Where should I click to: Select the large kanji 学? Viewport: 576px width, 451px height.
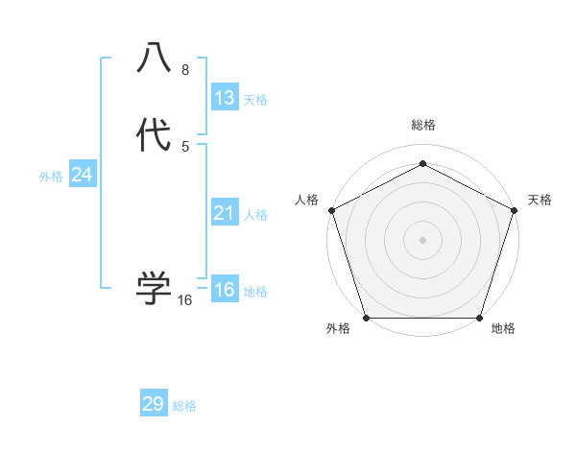pyautogui.click(x=154, y=287)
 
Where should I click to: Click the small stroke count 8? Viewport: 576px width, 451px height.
pyautogui.click(x=184, y=70)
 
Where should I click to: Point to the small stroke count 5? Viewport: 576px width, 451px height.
pyautogui.click(x=184, y=147)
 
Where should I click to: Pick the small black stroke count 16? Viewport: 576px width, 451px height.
pyautogui.click(x=185, y=300)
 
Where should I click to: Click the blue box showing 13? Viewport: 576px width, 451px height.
pyautogui.click(x=225, y=97)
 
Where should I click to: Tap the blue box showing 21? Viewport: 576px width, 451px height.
pyautogui.click(x=225, y=213)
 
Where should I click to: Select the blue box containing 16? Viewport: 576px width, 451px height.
pyautogui.click(x=225, y=290)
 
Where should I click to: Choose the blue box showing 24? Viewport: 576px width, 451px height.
pyautogui.click(x=83, y=175)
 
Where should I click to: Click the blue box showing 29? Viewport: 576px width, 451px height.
pyautogui.click(x=154, y=404)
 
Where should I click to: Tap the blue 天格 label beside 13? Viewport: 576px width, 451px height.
pyautogui.click(x=255, y=99)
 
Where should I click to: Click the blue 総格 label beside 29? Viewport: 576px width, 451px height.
pyautogui.click(x=184, y=406)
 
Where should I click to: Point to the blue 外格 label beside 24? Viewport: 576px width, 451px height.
pyautogui.click(x=51, y=177)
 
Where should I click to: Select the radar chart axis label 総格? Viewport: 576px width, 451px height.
pyautogui.click(x=422, y=126)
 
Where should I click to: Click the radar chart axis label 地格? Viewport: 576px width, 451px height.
pyautogui.click(x=503, y=329)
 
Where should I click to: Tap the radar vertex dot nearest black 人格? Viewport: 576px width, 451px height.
pyautogui.click(x=331, y=210)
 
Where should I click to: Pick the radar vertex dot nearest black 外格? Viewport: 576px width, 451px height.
pyautogui.click(x=366, y=318)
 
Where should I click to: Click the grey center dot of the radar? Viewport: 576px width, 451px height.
pyautogui.click(x=422, y=239)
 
